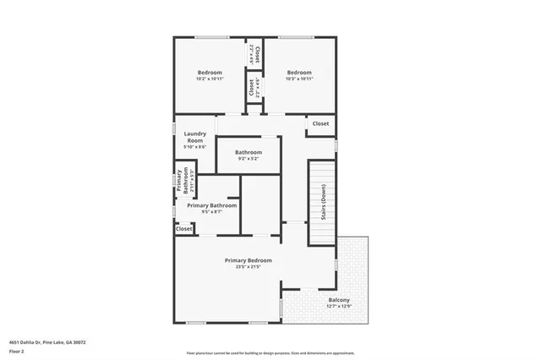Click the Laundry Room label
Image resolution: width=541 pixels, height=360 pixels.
(x=194, y=136)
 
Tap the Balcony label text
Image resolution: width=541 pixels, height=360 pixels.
(x=339, y=300)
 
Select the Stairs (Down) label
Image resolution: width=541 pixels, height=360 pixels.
(x=322, y=203)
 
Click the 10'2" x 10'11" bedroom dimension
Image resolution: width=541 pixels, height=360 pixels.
(x=210, y=79)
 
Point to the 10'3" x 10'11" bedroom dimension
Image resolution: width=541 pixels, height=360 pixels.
(x=299, y=79)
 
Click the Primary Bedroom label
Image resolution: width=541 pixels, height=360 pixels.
(x=248, y=259)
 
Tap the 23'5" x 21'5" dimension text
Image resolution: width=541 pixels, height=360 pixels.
(x=248, y=266)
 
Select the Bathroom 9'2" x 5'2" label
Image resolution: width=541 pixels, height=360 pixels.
(x=249, y=152)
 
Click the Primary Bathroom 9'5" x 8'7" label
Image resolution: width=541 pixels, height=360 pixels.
(x=211, y=205)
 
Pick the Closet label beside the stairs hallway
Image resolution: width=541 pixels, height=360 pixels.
(x=320, y=124)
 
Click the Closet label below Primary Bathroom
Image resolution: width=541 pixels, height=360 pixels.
(x=184, y=229)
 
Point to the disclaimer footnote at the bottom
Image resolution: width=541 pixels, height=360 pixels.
(x=270, y=352)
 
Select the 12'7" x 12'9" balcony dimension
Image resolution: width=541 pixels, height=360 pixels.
(x=339, y=307)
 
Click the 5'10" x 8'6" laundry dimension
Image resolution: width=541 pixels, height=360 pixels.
(x=194, y=147)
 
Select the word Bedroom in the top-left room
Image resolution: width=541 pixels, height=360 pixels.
(x=210, y=72)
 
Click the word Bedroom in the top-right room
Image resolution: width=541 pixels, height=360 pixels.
(x=299, y=72)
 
